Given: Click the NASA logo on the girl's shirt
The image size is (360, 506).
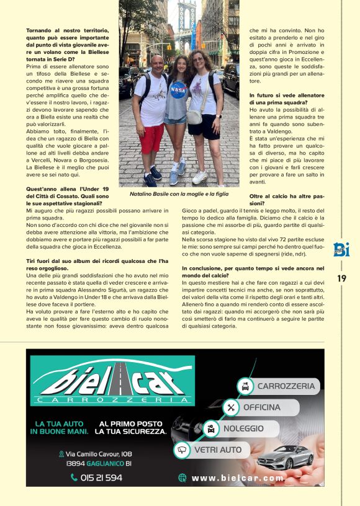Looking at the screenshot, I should [x=179, y=89].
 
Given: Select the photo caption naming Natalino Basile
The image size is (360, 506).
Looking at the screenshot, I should [x=179, y=194].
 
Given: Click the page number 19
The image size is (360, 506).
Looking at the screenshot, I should [x=341, y=278].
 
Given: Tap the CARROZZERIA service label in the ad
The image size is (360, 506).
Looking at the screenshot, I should [x=286, y=386].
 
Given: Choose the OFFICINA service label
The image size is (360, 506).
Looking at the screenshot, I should [x=261, y=407].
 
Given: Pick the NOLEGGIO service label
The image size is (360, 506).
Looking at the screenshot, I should [x=243, y=428].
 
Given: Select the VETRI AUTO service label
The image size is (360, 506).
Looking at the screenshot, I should [x=218, y=450].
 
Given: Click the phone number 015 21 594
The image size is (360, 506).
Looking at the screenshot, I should [x=96, y=477].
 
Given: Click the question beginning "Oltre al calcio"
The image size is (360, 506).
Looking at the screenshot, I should [x=287, y=199].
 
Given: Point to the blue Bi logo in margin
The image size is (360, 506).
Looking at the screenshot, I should [x=341, y=249].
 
